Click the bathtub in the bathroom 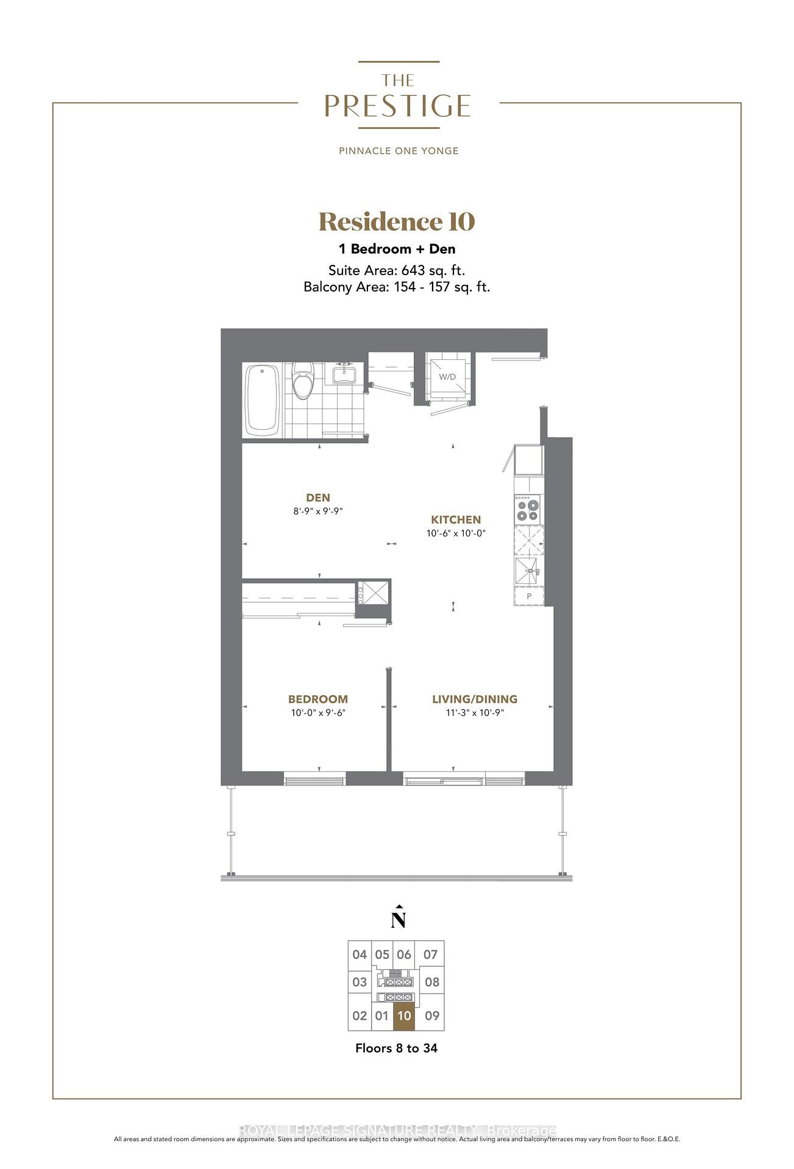[x=263, y=400]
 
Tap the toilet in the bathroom [x=302, y=381]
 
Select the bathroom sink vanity [x=344, y=373]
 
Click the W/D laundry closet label [x=447, y=377]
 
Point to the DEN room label [x=318, y=498]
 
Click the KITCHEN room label [x=456, y=520]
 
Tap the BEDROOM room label [x=318, y=700]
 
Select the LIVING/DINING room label [x=475, y=700]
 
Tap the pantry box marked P [x=529, y=597]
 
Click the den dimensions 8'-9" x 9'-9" [x=318, y=511]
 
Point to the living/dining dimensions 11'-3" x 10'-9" [x=475, y=713]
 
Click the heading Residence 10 [x=397, y=222]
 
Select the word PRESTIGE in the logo [x=397, y=106]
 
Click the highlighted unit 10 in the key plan [x=404, y=1016]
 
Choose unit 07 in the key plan [x=431, y=955]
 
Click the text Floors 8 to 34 [x=396, y=1048]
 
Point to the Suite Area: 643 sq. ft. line [x=397, y=270]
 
